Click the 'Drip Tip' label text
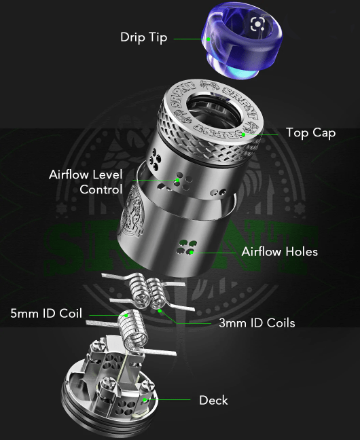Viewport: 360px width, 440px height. point(144,37)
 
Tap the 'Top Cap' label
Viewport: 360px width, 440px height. point(310,133)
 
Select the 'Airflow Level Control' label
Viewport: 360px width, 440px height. point(86,182)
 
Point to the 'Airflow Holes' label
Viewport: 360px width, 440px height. point(279,252)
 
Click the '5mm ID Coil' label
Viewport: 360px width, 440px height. point(46,314)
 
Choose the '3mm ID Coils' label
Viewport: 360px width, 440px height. point(257,323)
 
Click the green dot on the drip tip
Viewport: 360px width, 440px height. point(210,38)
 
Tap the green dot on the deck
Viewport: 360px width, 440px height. point(145,400)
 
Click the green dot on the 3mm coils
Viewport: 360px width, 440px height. point(160,310)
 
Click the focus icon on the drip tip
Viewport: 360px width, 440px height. point(257,25)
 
